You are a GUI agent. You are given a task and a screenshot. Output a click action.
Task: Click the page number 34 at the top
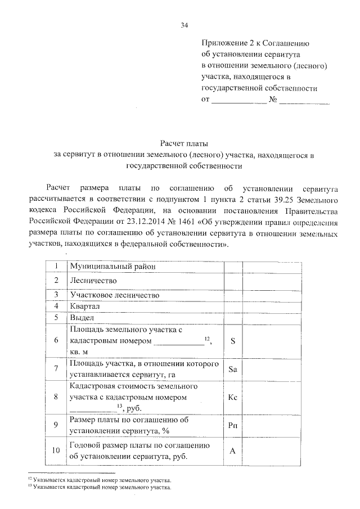(x=184, y=25)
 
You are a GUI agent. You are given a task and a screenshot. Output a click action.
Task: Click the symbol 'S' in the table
(x=233, y=340)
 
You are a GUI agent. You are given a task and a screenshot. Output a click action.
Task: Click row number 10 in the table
(x=55, y=451)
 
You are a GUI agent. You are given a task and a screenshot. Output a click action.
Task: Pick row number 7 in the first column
(x=55, y=370)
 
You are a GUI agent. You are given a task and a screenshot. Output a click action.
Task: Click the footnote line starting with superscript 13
(x=100, y=488)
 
